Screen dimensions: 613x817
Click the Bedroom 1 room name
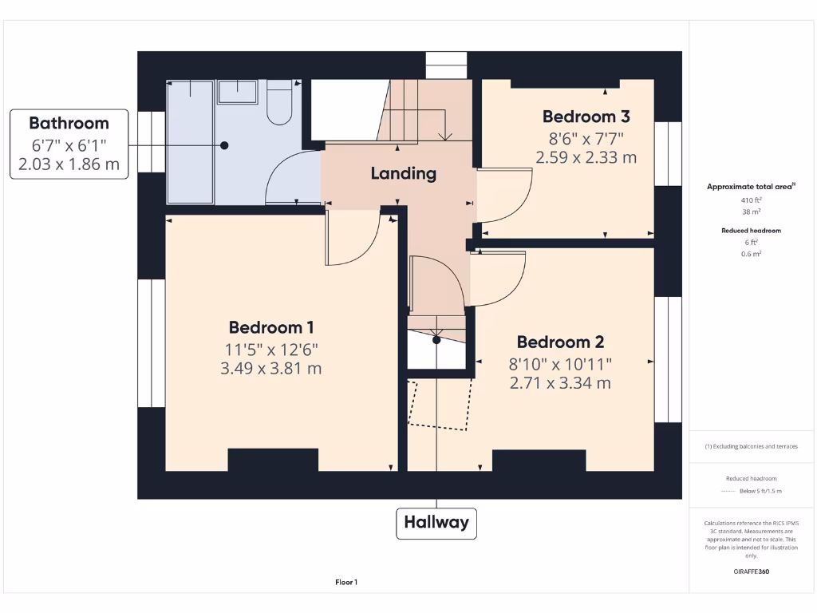[271, 327]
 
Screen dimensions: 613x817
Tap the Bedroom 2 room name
[560, 342]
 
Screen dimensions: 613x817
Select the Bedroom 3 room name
[586, 117]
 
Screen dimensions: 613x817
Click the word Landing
[404, 173]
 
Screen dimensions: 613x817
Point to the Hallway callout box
[436, 524]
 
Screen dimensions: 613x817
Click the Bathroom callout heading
[69, 123]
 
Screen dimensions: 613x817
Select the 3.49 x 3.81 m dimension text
[271, 368]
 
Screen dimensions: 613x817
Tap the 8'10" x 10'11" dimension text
[560, 363]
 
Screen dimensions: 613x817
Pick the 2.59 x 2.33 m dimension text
[586, 157]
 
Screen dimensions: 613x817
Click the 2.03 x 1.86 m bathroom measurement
[69, 164]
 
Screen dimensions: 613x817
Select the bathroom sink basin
[238, 93]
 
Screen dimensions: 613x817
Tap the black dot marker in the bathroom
[225, 145]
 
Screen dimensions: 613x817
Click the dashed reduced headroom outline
[439, 405]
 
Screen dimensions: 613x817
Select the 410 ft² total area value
[751, 200]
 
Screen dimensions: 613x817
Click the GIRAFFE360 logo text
[751, 571]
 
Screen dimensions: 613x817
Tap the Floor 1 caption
[346, 583]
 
